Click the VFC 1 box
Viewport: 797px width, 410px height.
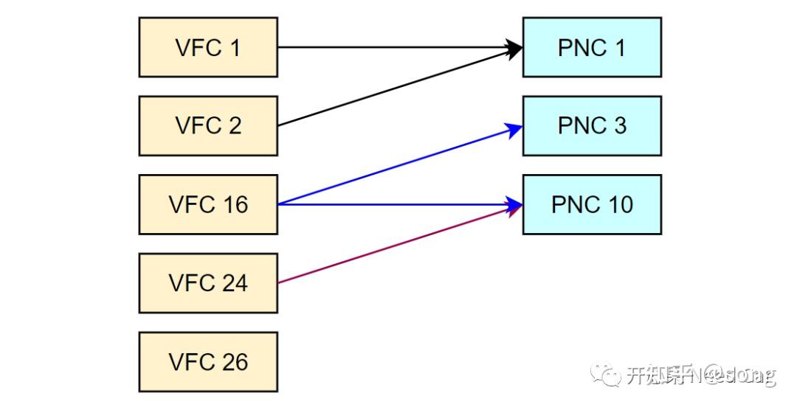208,47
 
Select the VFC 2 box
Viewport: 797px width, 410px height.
208,125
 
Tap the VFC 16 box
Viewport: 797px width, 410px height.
208,204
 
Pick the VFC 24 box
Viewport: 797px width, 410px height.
208,283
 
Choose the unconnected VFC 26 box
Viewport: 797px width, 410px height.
208,362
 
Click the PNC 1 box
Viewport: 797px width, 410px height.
592,47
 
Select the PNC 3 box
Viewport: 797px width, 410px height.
592,125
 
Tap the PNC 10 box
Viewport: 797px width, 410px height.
592,204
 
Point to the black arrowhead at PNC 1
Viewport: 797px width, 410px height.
515,48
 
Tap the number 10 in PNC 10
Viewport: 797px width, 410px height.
618,204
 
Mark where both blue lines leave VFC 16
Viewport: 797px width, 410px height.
280,204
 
